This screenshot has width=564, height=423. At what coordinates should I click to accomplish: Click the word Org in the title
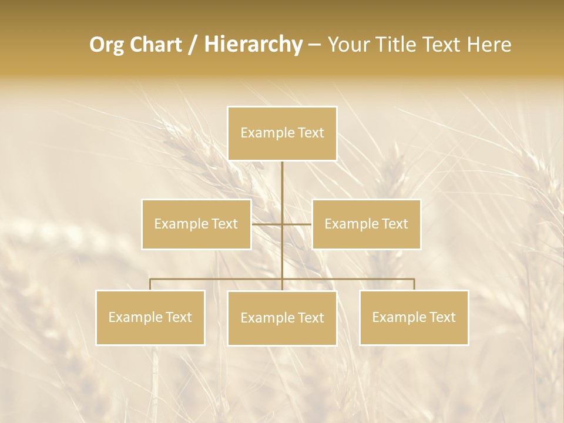[x=108, y=45]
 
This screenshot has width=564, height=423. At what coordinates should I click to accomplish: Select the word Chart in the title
[x=157, y=45]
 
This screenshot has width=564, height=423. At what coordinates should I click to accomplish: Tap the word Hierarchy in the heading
[x=253, y=45]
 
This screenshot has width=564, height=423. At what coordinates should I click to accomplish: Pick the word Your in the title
[x=346, y=45]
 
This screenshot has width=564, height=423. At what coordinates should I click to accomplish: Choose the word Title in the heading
[x=395, y=45]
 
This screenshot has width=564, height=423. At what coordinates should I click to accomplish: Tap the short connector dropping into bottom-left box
[x=150, y=284]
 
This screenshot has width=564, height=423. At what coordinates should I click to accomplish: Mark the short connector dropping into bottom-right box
[x=414, y=284]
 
